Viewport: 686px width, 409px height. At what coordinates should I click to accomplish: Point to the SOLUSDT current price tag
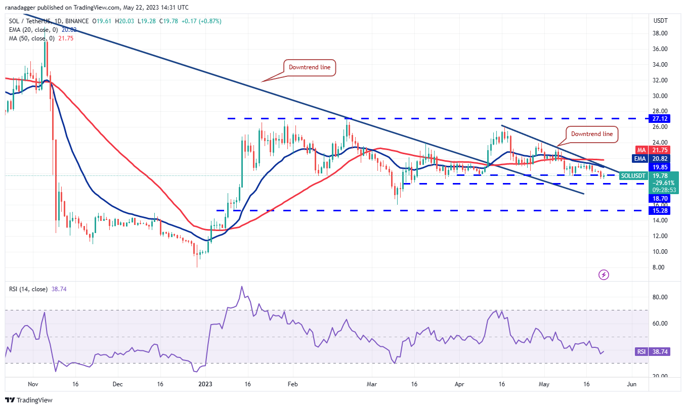click(633, 175)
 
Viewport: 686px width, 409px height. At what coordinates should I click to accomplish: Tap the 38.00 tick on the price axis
click(661, 33)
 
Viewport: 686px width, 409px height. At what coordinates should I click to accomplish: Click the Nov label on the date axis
click(33, 384)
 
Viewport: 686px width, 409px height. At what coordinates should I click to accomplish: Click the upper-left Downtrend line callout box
click(309, 67)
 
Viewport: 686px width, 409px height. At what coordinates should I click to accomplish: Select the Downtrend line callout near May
click(591, 134)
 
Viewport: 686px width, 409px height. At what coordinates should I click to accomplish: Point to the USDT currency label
click(661, 21)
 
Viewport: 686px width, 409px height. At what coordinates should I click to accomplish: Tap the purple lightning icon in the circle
click(604, 275)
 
